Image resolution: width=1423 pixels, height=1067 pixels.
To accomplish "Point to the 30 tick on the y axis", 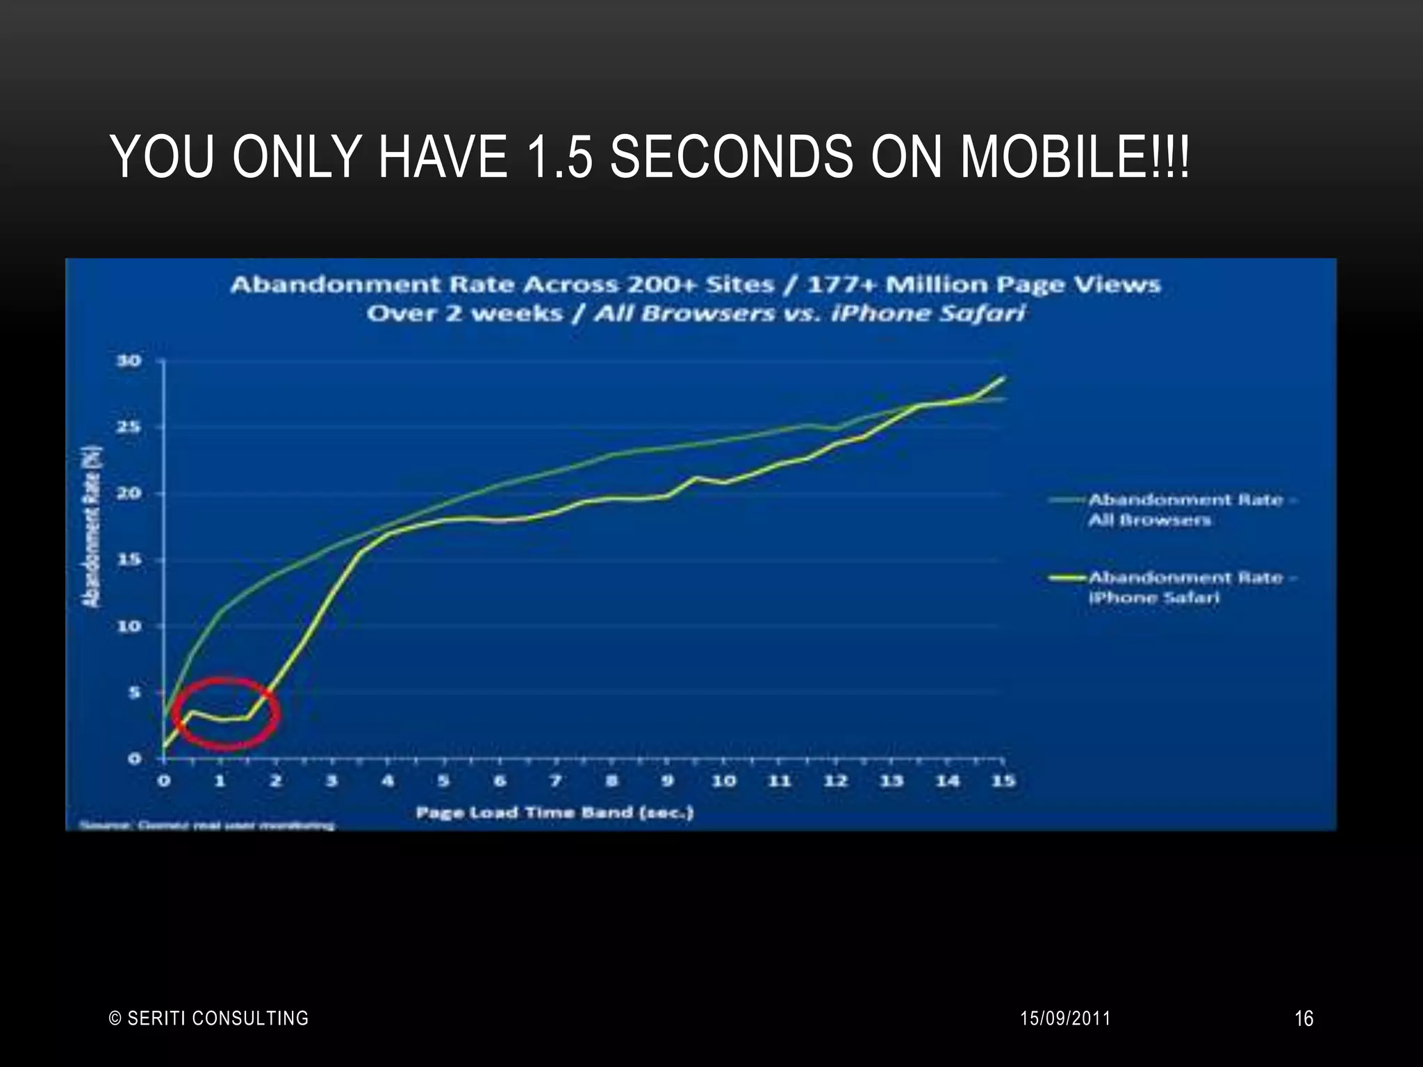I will click(x=129, y=361).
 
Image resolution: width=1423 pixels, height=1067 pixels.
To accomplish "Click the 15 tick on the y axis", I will click(x=129, y=560).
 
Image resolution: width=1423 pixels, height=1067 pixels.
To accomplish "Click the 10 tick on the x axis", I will click(x=723, y=781).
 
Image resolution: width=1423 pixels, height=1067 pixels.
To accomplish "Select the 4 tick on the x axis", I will click(x=388, y=781).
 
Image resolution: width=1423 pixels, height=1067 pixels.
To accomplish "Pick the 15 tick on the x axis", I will click(x=1003, y=781).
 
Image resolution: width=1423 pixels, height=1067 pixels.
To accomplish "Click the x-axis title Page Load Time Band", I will click(x=554, y=812).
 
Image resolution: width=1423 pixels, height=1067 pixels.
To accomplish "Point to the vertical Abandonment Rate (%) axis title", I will click(x=93, y=526).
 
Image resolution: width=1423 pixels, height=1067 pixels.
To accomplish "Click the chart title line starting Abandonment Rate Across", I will click(x=695, y=285).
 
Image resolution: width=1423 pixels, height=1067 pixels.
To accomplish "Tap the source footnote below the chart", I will click(x=207, y=825).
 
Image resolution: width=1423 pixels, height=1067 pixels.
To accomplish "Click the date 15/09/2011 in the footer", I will click(x=1065, y=1018).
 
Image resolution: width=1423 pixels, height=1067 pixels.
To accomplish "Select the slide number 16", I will click(x=1303, y=1018).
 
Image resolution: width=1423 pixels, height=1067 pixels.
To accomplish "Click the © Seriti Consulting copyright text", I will click(x=209, y=1018).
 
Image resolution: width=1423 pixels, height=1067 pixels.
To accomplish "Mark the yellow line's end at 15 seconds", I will click(x=1003, y=378).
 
